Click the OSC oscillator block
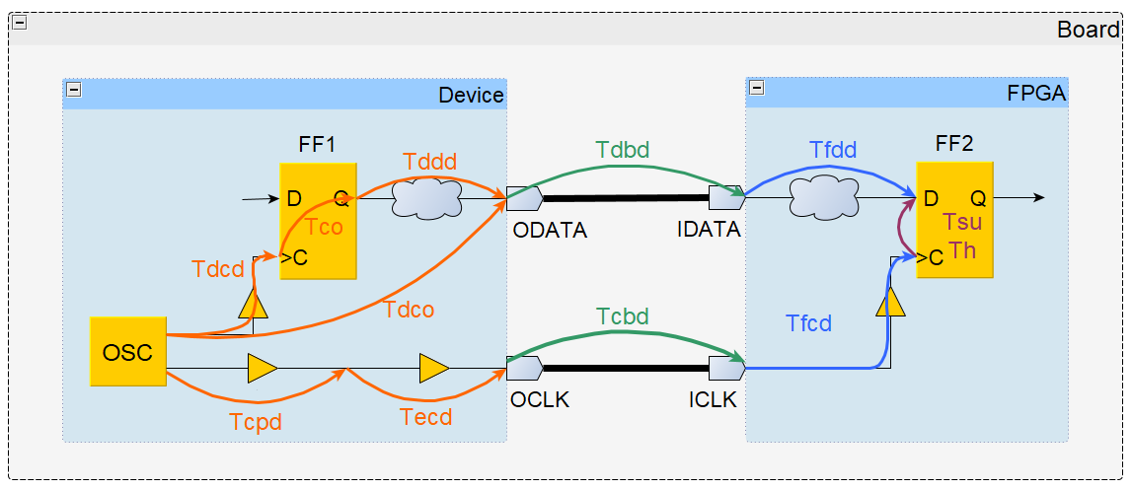(127, 351)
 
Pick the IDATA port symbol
(725, 198)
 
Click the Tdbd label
(623, 150)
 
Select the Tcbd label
(623, 317)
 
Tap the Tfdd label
(833, 150)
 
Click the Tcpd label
(256, 421)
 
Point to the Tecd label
(426, 417)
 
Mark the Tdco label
(410, 309)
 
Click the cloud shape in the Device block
(426, 198)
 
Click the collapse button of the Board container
(19, 23)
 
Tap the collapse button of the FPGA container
(757, 88)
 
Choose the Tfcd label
(808, 322)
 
